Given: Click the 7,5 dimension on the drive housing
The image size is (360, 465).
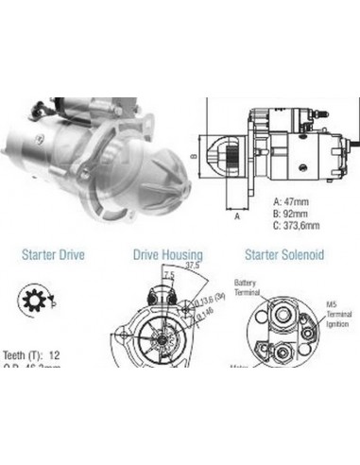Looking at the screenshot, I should pos(167,275).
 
